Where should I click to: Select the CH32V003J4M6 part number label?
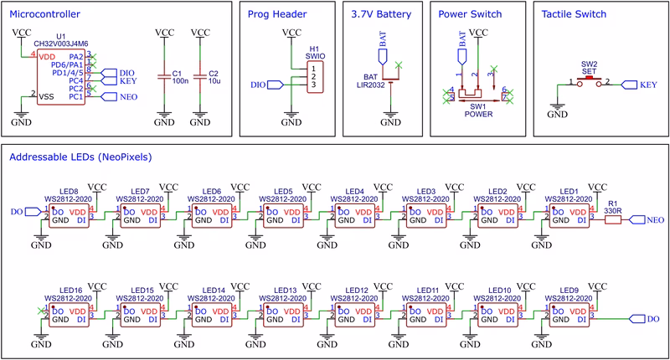click(60, 44)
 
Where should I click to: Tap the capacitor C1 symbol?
click(164, 76)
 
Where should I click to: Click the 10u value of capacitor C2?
click(214, 82)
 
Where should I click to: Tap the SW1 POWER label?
click(477, 112)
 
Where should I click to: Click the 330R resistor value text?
click(611, 211)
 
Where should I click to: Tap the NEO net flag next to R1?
click(647, 219)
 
